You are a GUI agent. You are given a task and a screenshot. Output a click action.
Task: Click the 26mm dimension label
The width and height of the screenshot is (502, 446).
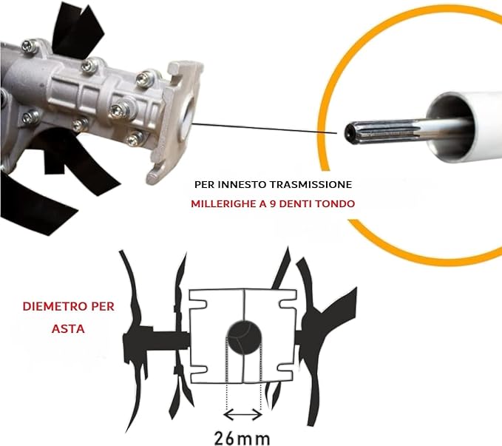[x=242, y=439]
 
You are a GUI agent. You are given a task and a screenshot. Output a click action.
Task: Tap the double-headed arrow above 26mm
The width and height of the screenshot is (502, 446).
[x=243, y=415]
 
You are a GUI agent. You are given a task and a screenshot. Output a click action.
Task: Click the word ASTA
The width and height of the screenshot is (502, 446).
[x=68, y=328]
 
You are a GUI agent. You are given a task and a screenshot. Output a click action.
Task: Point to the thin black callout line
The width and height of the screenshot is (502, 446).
[x=265, y=128]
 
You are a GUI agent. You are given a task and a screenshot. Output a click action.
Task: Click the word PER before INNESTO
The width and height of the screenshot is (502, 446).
[x=206, y=185]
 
